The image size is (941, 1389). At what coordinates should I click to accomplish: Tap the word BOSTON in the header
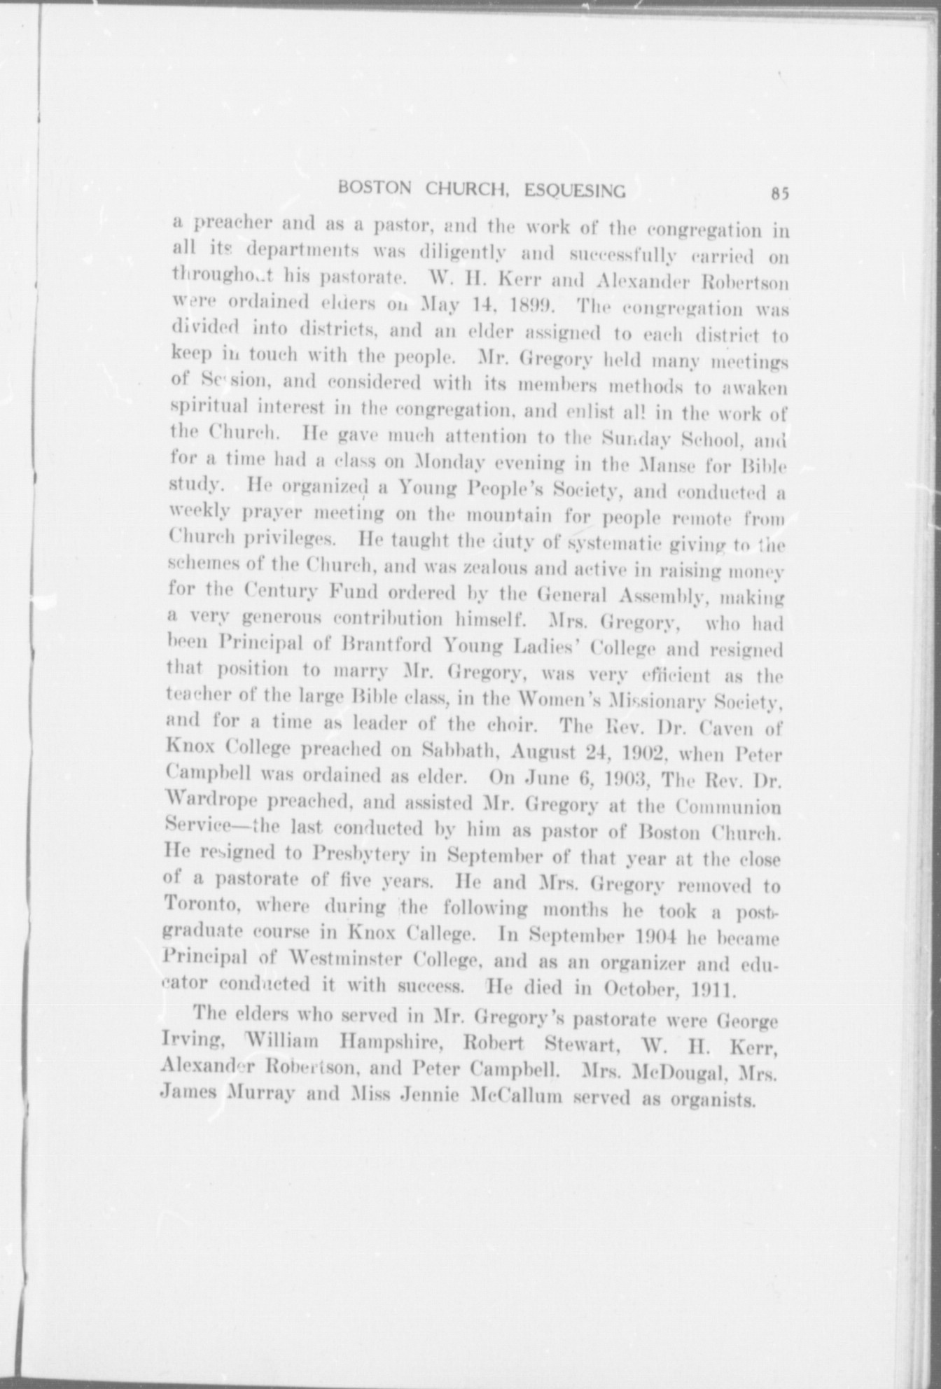coord(368,188)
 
